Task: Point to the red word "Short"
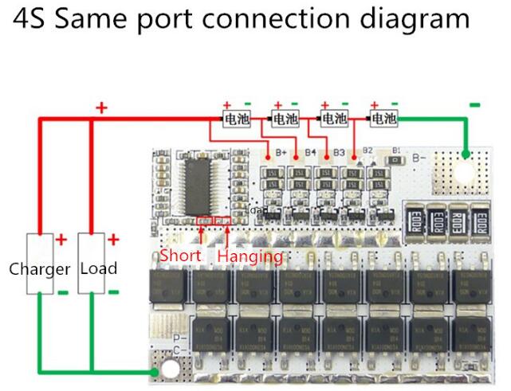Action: pyautogui.click(x=180, y=256)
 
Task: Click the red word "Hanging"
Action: pyautogui.click(x=250, y=256)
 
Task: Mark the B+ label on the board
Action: pyautogui.click(x=281, y=152)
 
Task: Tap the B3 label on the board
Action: pyautogui.click(x=339, y=151)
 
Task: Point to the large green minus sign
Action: pyautogui.click(x=475, y=104)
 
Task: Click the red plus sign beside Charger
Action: pyautogui.click(x=61, y=239)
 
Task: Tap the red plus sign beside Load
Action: pyautogui.click(x=112, y=239)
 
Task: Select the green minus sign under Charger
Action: pyautogui.click(x=61, y=291)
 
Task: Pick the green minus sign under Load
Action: pyautogui.click(x=112, y=291)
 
